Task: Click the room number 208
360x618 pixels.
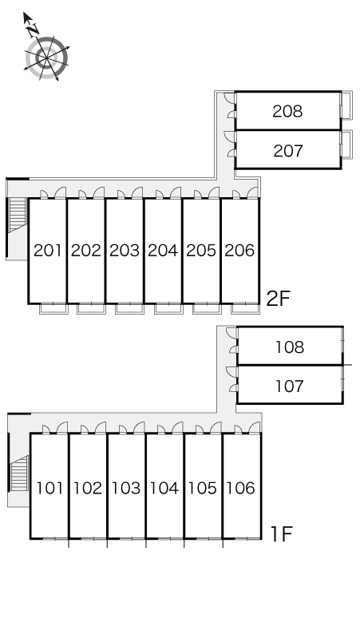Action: pyautogui.click(x=287, y=112)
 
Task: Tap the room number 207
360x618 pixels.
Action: pyautogui.click(x=288, y=151)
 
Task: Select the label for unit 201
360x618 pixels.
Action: pyautogui.click(x=48, y=251)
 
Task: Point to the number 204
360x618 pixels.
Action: pyautogui.click(x=163, y=251)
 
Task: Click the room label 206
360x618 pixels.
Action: pyautogui.click(x=239, y=251)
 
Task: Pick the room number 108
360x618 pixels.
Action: pyautogui.click(x=290, y=347)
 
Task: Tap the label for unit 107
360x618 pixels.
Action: pyautogui.click(x=290, y=386)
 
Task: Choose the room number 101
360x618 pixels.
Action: pyautogui.click(x=49, y=489)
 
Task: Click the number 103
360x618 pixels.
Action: pyautogui.click(x=126, y=489)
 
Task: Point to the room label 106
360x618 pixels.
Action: pyautogui.click(x=241, y=489)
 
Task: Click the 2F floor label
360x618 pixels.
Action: pyautogui.click(x=278, y=299)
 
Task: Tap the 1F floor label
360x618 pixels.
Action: pyautogui.click(x=281, y=534)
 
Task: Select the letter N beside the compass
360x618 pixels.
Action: pyautogui.click(x=33, y=30)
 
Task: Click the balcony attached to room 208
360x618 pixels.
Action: pyautogui.click(x=346, y=105)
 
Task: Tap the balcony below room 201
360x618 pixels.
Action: pyautogui.click(x=53, y=309)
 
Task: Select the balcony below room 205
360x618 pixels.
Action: pyautogui.click(x=207, y=309)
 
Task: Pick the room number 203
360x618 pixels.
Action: pyautogui.click(x=125, y=251)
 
